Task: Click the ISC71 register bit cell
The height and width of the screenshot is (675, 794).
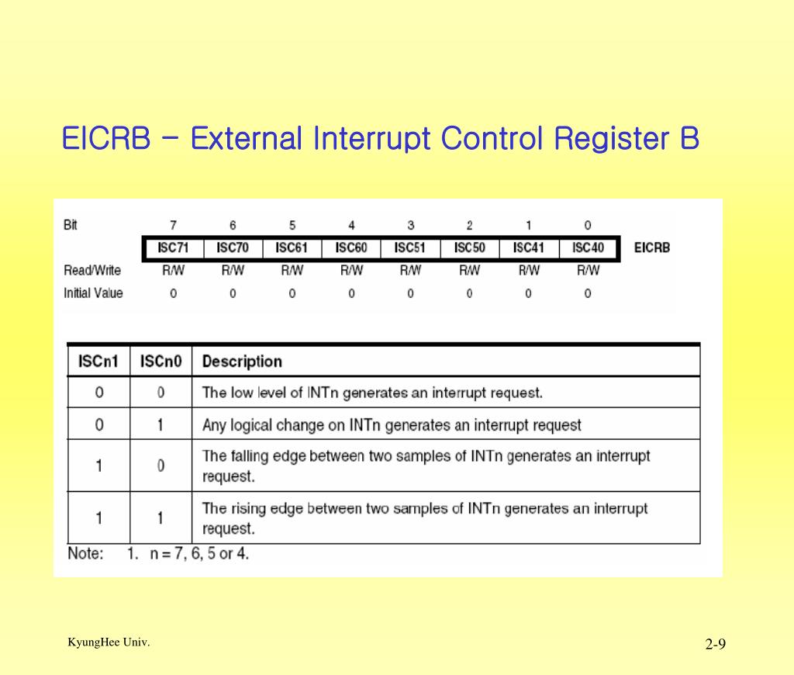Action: tap(172, 248)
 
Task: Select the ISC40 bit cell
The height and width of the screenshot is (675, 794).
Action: tap(588, 248)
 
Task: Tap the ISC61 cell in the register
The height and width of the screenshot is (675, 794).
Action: tap(292, 248)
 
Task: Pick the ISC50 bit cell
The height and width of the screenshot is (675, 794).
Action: tap(469, 248)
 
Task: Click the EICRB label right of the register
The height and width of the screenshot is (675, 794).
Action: tap(651, 248)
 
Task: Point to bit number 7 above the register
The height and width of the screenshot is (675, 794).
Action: tap(173, 225)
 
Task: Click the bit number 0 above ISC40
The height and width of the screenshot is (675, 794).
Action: tap(588, 225)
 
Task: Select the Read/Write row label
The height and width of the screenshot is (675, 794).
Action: tap(92, 271)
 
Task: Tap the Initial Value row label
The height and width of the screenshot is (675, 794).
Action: tap(93, 293)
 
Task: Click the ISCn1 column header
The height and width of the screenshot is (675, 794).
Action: tap(98, 362)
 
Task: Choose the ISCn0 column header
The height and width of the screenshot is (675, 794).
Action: tap(161, 362)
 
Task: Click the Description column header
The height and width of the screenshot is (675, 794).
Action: tap(242, 362)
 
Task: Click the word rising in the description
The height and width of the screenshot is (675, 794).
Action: tap(250, 509)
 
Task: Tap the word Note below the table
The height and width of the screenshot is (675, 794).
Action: tap(85, 554)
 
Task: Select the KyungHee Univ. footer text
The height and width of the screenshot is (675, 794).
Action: tap(109, 642)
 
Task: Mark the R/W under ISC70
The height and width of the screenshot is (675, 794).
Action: tap(232, 271)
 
